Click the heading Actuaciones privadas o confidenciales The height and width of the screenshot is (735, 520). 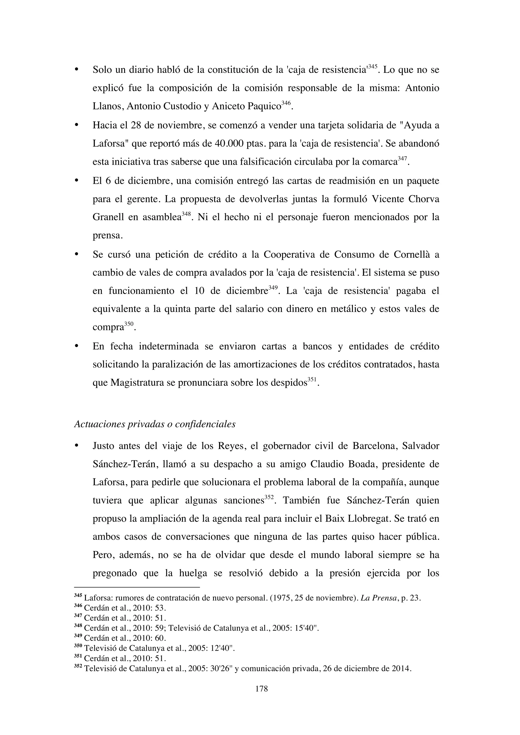coord(155,424)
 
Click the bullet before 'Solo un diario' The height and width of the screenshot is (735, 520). coord(76,70)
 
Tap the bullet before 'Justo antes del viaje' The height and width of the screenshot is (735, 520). coord(76,446)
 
